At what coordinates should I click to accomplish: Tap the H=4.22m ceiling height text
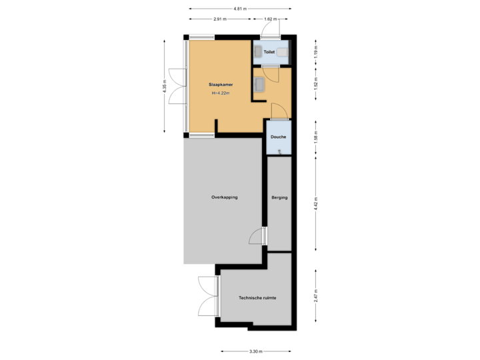pyautogui.click(x=220, y=93)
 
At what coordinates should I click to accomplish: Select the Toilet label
pyautogui.click(x=269, y=51)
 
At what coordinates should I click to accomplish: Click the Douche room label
pyautogui.click(x=278, y=137)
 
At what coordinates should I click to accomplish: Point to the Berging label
pyautogui.click(x=279, y=197)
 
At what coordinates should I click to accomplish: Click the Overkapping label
pyautogui.click(x=224, y=197)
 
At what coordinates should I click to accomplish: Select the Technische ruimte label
pyautogui.click(x=257, y=298)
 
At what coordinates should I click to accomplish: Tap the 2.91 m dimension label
pyautogui.click(x=220, y=19)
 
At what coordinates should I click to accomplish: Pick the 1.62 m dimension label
pyautogui.click(x=270, y=19)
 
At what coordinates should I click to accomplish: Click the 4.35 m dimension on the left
pyautogui.click(x=164, y=87)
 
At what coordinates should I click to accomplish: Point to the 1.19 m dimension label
pyautogui.click(x=315, y=51)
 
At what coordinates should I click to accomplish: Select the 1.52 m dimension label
pyautogui.click(x=315, y=83)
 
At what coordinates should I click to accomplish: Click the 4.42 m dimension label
pyautogui.click(x=315, y=203)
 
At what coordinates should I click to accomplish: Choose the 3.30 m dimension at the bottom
pyautogui.click(x=256, y=351)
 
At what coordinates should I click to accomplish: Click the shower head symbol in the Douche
pyautogui.click(x=280, y=151)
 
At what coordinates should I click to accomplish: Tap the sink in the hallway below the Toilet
pyautogui.click(x=259, y=84)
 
